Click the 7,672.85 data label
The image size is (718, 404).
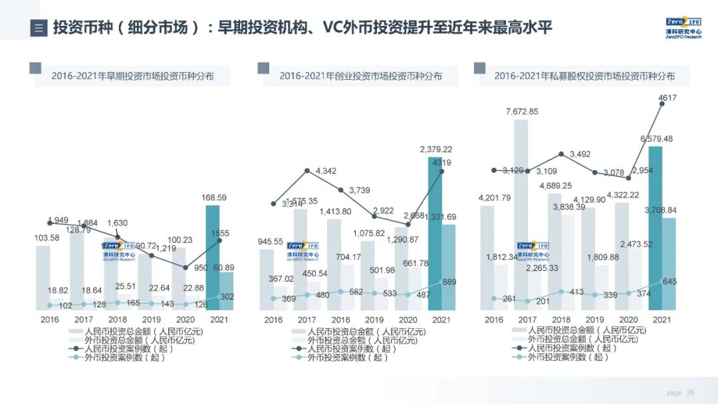click(522, 111)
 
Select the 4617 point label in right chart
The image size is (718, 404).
click(667, 98)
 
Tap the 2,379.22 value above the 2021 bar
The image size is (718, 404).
click(435, 150)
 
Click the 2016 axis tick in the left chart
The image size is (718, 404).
click(49, 320)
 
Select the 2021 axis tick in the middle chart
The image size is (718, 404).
click(440, 320)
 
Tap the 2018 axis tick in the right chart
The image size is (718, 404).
click(560, 320)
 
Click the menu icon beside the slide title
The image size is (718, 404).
click(39, 29)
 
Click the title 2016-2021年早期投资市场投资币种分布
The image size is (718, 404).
click(133, 76)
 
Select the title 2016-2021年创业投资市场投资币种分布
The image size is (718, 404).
click(360, 76)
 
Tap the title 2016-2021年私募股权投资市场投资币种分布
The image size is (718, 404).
click(584, 76)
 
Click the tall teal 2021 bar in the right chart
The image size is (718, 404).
click(654, 233)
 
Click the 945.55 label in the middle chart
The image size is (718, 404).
click(271, 241)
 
